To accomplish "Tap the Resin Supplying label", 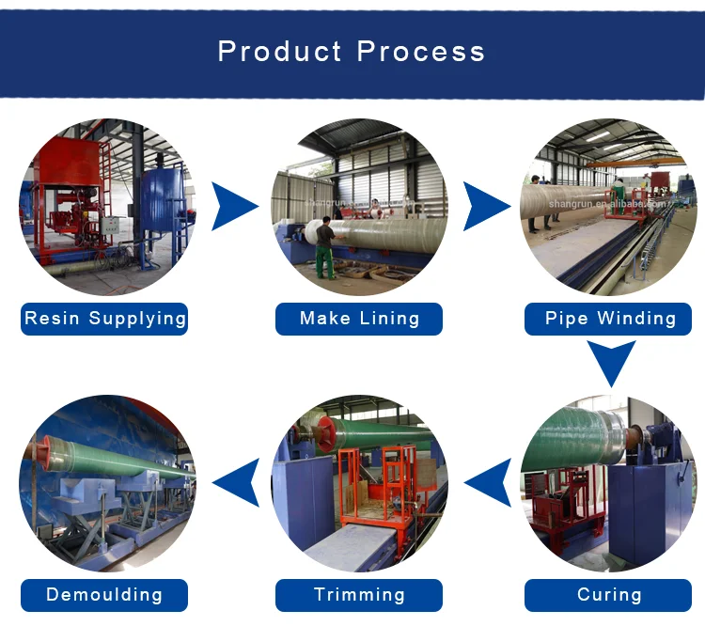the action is coord(105,319).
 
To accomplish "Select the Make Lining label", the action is coord(359,319).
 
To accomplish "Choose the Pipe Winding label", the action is coord(610,319).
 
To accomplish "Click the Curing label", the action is coord(609,595).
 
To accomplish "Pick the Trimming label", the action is coord(359,595).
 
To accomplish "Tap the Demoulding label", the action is coord(104,595).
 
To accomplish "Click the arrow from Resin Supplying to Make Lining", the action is coord(231,207).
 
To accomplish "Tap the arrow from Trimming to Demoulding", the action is coord(236,484).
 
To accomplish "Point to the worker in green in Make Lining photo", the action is coord(325,246).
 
